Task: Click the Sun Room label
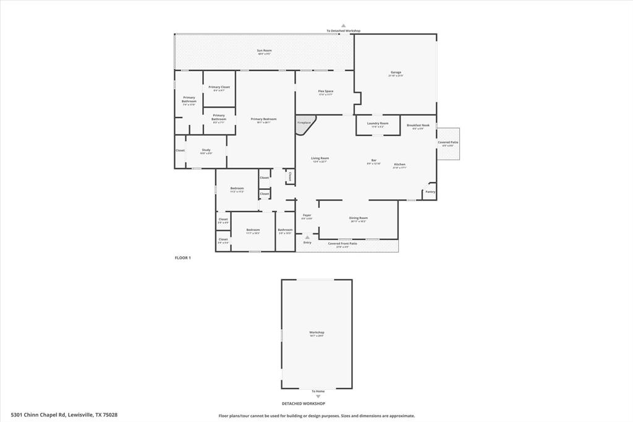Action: point(264,50)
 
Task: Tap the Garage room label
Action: point(396,72)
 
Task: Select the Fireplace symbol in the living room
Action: point(305,123)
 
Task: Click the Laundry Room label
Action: point(378,123)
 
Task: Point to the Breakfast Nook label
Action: point(418,126)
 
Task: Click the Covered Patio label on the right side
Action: point(448,142)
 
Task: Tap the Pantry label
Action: point(430,192)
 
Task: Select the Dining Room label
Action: point(359,218)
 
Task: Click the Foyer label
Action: point(307,215)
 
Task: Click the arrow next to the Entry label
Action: point(307,236)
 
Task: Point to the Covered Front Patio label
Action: point(342,244)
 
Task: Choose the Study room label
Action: point(206,150)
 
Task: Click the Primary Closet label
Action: point(219,87)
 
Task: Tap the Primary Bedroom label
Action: point(263,119)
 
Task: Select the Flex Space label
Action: point(326,92)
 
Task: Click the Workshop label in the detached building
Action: point(316,332)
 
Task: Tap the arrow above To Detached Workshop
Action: point(343,26)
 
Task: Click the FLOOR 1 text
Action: point(183,257)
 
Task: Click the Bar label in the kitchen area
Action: point(374,160)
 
